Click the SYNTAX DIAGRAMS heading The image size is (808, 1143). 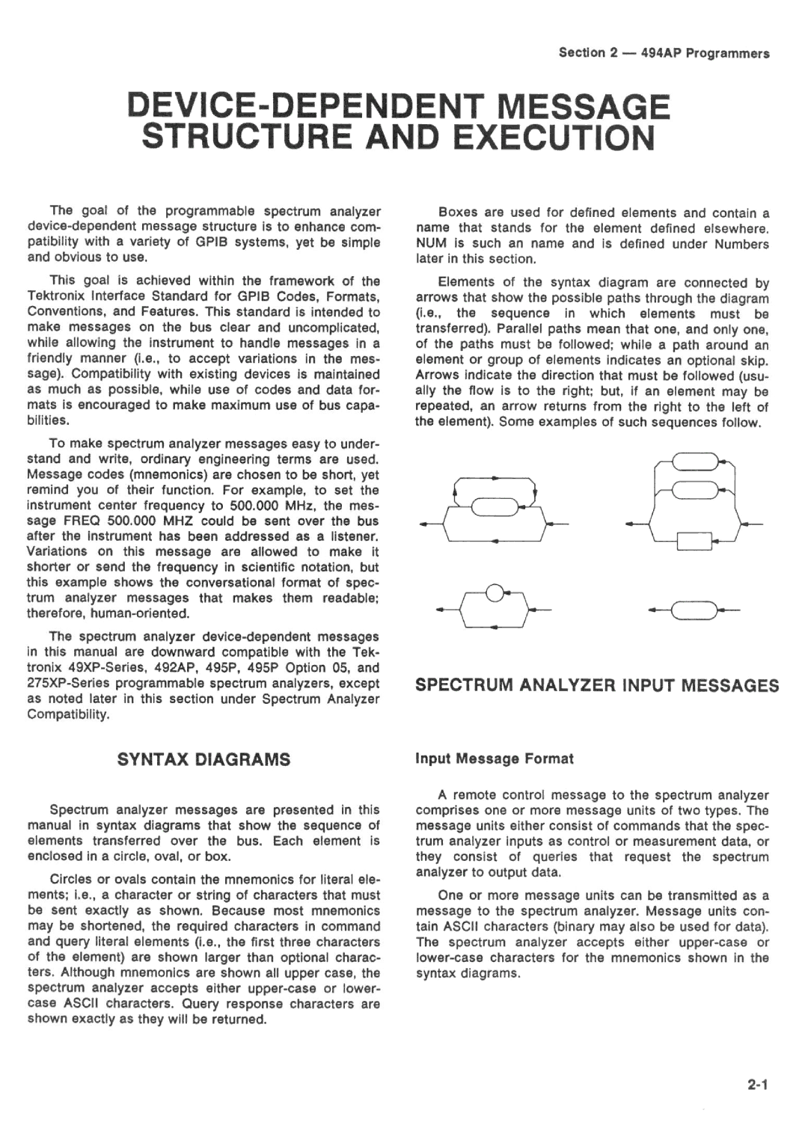[203, 759]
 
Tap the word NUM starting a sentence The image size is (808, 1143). [429, 244]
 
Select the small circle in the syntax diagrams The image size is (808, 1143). [494, 595]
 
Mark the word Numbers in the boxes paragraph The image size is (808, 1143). [743, 244]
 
